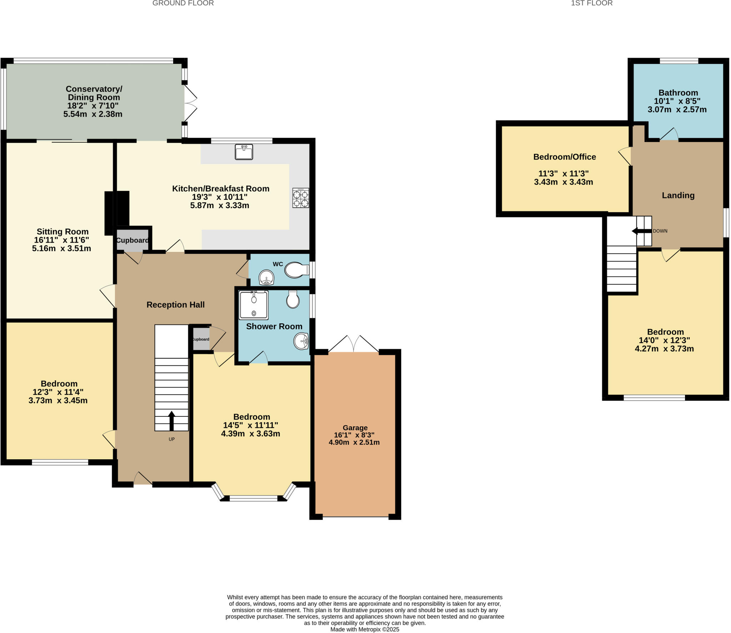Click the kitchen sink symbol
click(x=244, y=152)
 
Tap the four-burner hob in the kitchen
click(x=301, y=198)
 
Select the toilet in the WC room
click(x=297, y=270)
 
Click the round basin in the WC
click(x=266, y=277)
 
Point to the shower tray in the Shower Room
click(x=254, y=305)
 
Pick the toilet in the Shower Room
click(x=293, y=299)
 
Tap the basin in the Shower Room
click(x=301, y=341)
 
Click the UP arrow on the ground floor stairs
click(x=172, y=421)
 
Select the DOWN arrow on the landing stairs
click(x=641, y=231)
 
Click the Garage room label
click(x=355, y=427)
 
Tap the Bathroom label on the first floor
click(x=678, y=93)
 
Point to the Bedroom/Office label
click(x=565, y=157)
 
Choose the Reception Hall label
click(x=176, y=305)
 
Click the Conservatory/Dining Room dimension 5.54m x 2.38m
click(x=93, y=114)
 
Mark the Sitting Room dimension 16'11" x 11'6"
click(x=62, y=240)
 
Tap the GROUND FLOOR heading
click(x=183, y=3)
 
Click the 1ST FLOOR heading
click(x=592, y=3)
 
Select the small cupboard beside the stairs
click(x=201, y=339)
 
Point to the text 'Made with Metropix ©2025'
click(x=365, y=629)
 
